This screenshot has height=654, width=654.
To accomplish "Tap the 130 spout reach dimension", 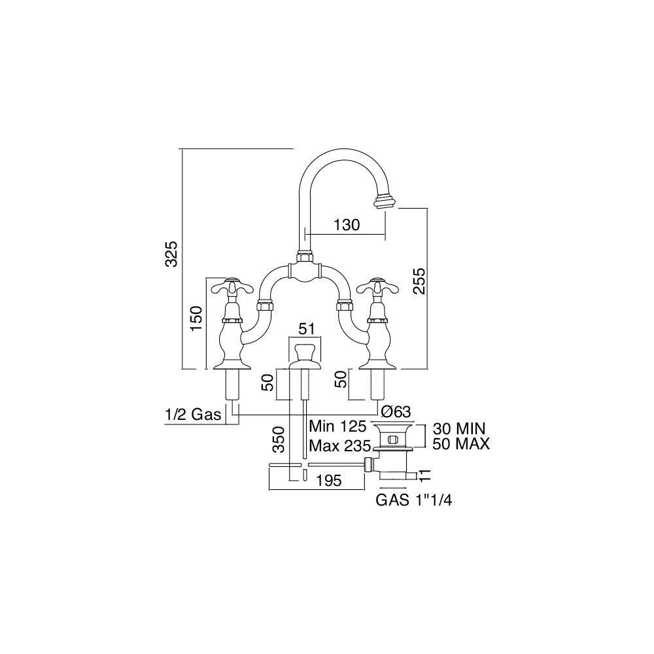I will (x=346, y=225).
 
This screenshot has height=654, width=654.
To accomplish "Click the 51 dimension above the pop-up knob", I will (x=307, y=329).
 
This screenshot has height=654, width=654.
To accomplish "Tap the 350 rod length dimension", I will (x=279, y=441).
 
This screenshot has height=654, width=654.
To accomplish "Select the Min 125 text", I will (x=337, y=427).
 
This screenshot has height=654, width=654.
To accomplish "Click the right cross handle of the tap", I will (x=379, y=285).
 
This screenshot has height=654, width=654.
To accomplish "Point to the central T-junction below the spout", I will (x=305, y=269).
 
